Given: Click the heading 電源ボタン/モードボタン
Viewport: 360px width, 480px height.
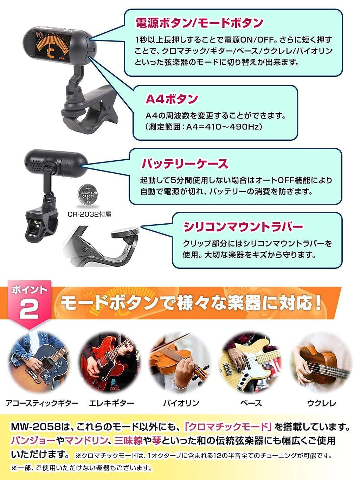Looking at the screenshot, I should coord(199,23).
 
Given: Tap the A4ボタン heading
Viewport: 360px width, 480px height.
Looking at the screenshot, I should coord(172,99).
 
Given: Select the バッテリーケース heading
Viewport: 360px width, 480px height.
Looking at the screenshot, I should coord(185,164).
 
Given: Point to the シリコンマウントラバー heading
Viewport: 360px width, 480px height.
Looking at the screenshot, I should coord(243,227).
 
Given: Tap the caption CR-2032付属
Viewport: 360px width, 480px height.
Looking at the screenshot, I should coord(90,214).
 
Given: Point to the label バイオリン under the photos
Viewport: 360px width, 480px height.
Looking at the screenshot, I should coord(181,403).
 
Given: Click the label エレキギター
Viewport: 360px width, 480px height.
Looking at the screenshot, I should coord(111,403).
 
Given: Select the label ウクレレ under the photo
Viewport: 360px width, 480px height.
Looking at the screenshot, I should coord(322,403).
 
